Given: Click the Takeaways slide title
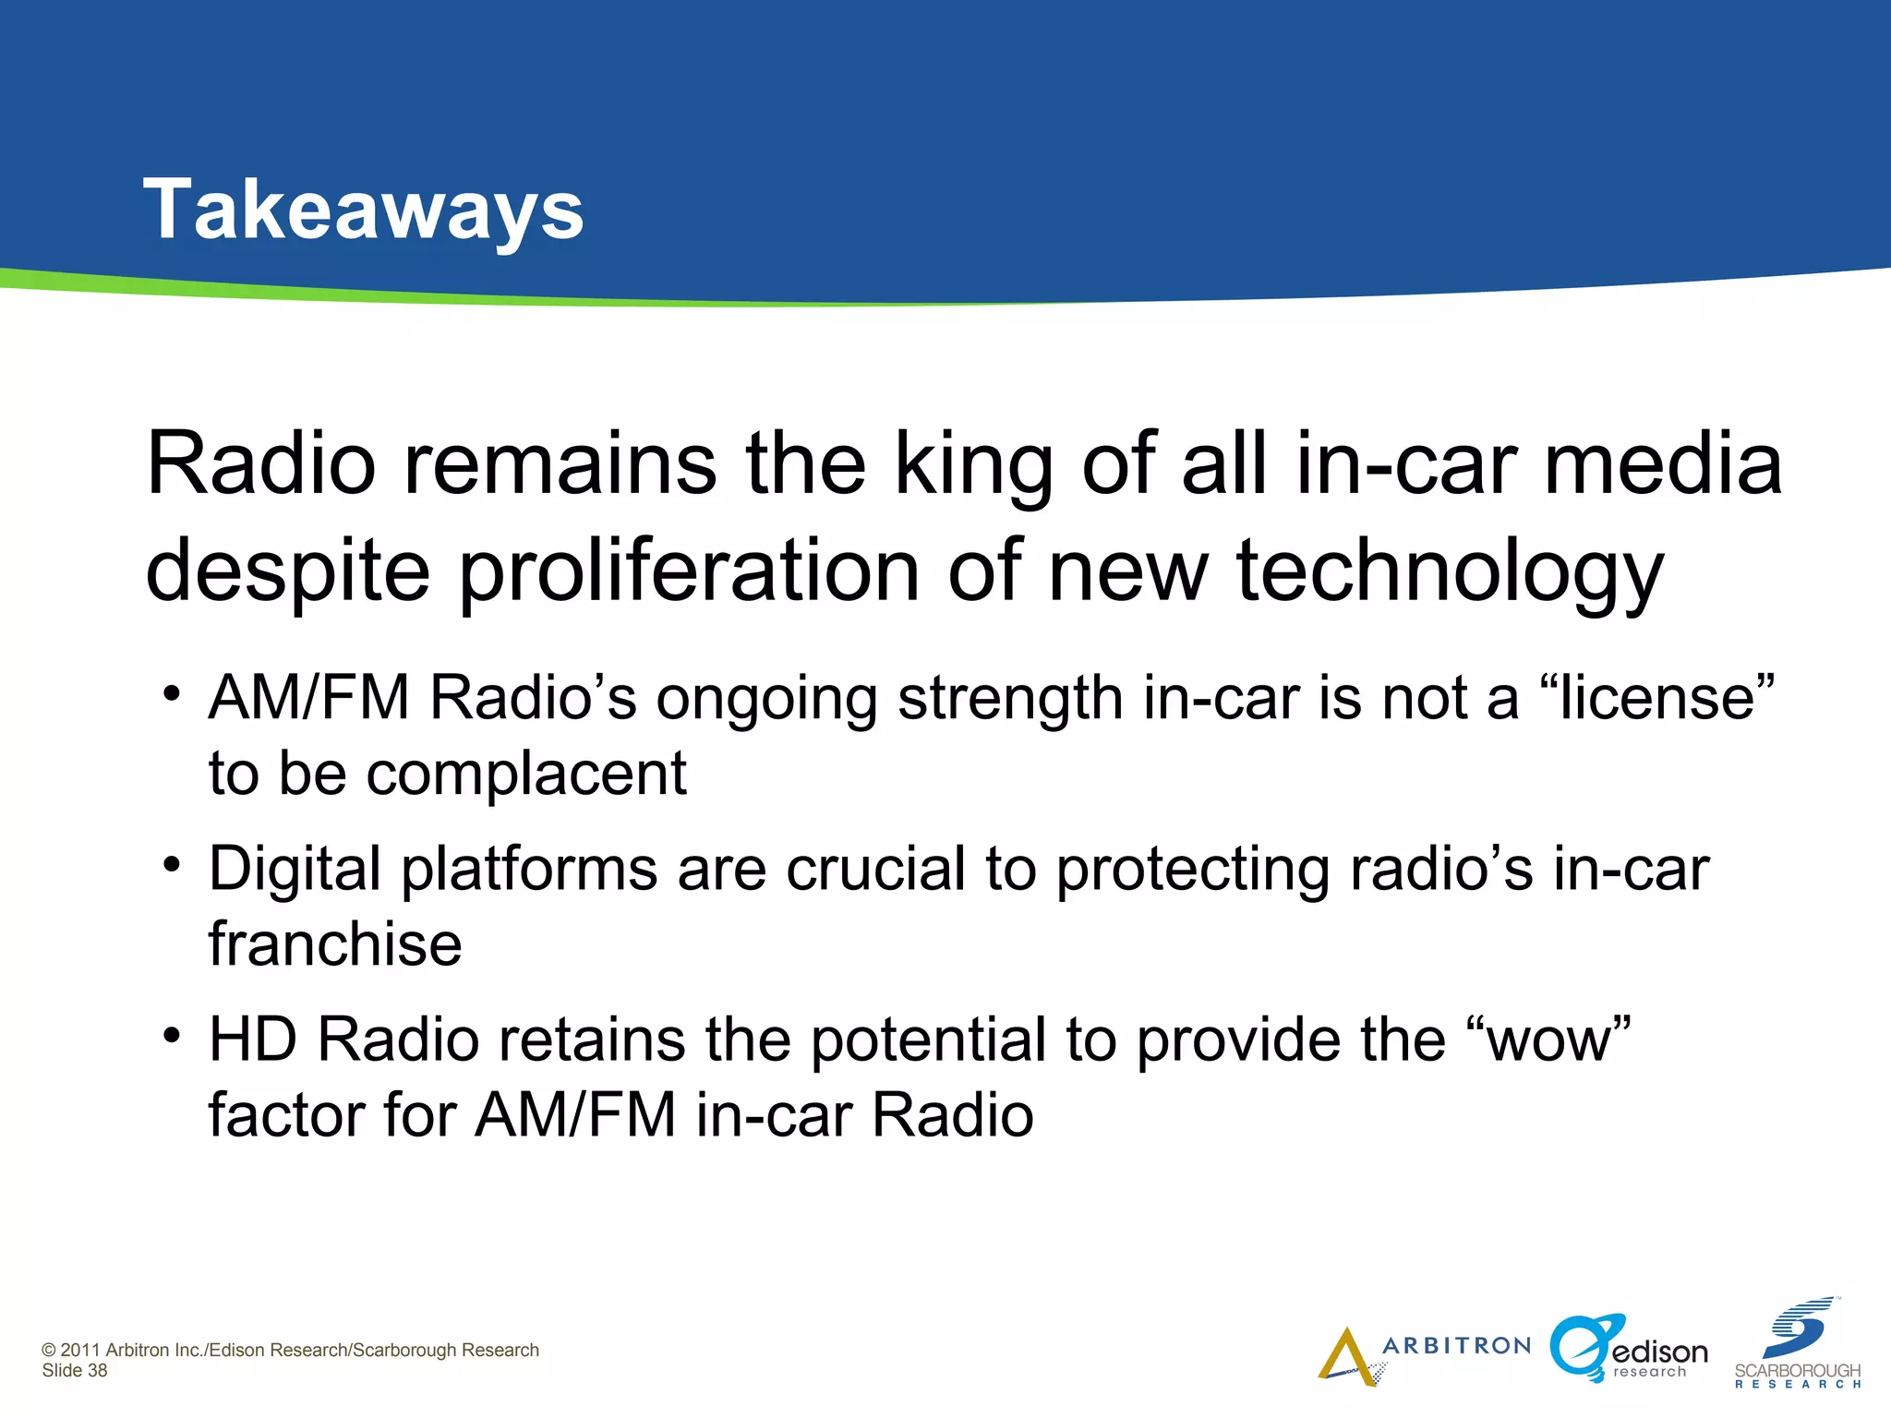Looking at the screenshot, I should click(363, 210).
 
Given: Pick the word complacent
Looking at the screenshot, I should click(526, 774).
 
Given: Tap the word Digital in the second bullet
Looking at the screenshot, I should click(295, 870).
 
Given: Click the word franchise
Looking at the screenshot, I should click(335, 944).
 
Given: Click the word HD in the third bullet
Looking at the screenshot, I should click(252, 1040).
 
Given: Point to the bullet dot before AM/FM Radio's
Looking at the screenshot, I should click(171, 693).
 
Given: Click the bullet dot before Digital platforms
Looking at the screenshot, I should click(171, 865).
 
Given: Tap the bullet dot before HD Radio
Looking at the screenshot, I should click(171, 1036).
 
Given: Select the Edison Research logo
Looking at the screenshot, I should click(1628, 1350).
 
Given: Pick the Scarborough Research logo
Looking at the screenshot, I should click(1797, 1346).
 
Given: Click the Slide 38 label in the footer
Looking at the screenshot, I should click(75, 1371).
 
